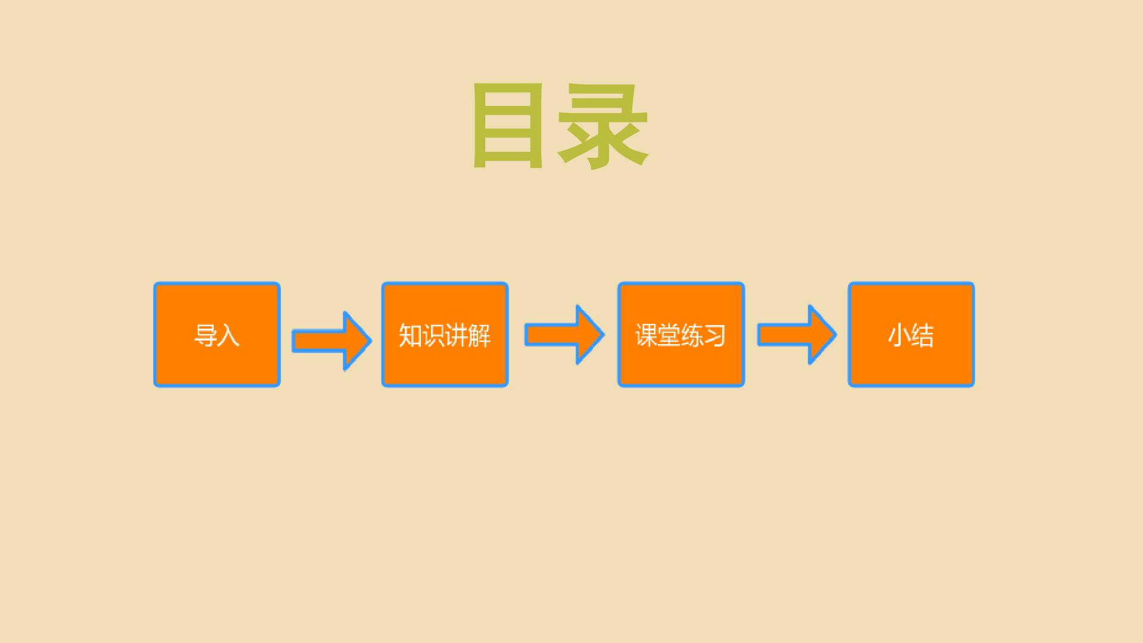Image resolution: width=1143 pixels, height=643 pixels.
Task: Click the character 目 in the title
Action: (x=508, y=126)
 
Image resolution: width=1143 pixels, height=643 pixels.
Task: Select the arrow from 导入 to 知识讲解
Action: (x=332, y=341)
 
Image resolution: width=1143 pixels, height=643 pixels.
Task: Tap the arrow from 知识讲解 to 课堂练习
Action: (x=564, y=335)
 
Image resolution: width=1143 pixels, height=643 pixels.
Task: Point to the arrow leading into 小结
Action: (x=797, y=335)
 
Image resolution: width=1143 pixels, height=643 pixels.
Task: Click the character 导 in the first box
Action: (x=205, y=335)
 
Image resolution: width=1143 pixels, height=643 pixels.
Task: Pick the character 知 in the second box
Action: (x=410, y=335)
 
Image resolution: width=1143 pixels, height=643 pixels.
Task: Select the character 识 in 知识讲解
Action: (x=433, y=335)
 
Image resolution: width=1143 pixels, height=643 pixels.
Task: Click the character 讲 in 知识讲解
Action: (x=456, y=335)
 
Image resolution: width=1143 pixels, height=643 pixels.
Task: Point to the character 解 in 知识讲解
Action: (x=479, y=335)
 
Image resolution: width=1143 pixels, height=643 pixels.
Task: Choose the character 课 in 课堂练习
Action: (x=647, y=335)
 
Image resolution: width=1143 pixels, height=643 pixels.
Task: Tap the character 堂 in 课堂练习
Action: (x=669, y=335)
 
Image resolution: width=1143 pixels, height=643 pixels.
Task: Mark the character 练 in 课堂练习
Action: (x=692, y=335)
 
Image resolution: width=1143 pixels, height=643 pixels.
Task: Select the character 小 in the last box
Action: (x=900, y=335)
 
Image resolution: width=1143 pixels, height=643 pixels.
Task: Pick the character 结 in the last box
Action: (x=923, y=335)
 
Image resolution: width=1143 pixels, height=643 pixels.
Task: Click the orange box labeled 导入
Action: (x=217, y=335)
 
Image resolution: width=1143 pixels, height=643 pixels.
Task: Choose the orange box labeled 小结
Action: (x=911, y=335)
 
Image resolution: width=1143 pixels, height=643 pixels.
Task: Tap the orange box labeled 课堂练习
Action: (x=681, y=335)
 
